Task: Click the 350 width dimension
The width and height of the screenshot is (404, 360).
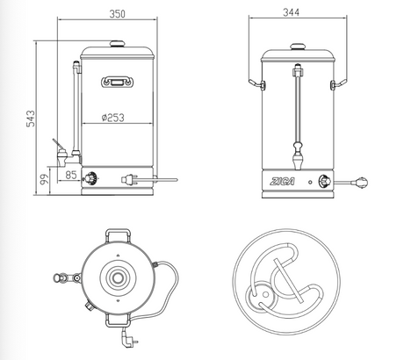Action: (117, 14)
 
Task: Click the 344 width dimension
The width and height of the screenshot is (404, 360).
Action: (291, 12)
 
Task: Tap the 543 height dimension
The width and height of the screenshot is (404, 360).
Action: (31, 119)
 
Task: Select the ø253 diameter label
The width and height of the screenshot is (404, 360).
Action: (113, 118)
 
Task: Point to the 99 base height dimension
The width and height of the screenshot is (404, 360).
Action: (44, 179)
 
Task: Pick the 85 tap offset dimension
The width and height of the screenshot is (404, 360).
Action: (71, 175)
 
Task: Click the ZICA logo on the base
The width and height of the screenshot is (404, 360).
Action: (282, 182)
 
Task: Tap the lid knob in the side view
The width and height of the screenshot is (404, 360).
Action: (118, 44)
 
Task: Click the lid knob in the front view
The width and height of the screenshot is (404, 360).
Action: (298, 47)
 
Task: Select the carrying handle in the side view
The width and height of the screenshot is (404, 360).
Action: (118, 82)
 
